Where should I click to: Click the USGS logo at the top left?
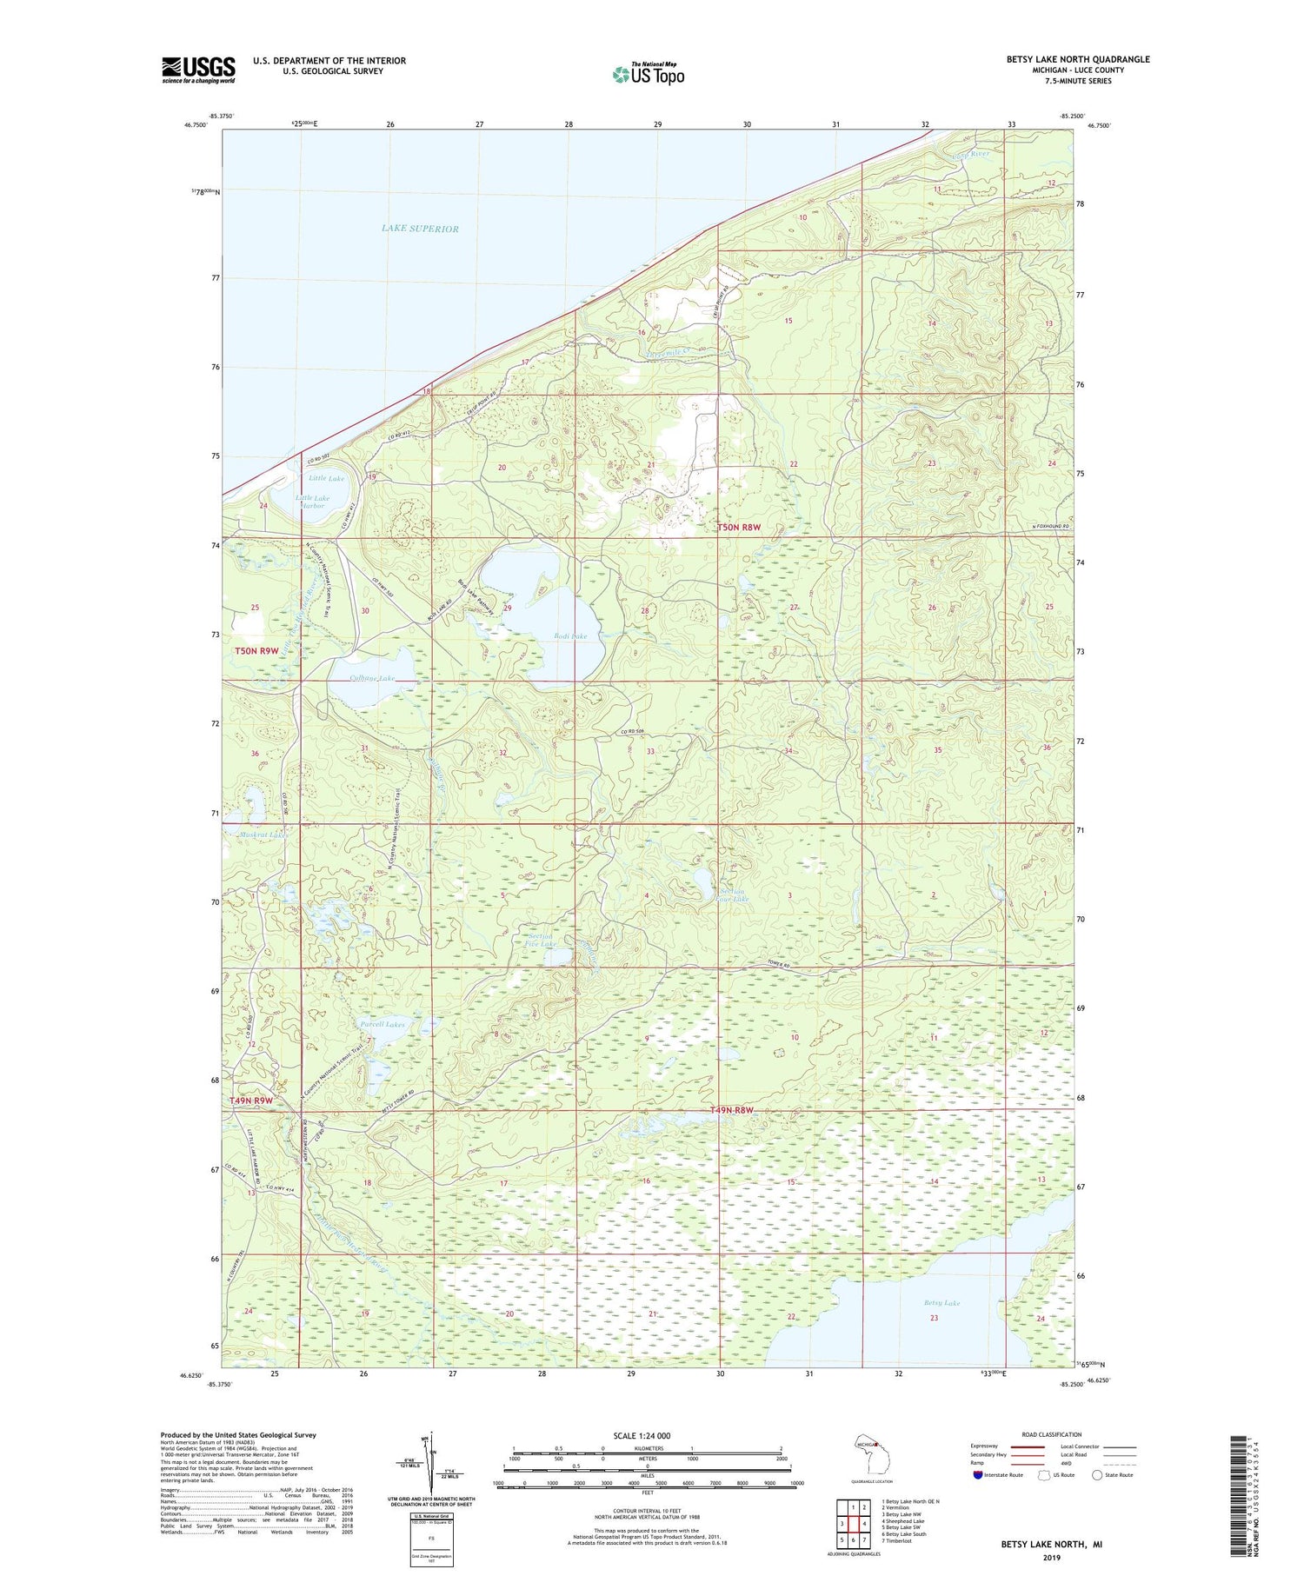point(198,70)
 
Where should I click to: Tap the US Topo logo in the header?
point(648,75)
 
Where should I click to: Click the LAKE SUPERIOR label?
point(420,229)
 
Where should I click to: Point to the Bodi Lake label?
point(570,636)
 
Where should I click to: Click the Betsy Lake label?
point(941,1303)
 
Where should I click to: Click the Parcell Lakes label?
point(383,1024)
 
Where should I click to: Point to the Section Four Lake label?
point(735,894)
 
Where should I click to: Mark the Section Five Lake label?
point(542,940)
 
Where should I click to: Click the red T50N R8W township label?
point(738,528)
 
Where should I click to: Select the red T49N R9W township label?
point(251,1101)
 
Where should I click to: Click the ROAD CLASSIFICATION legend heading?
point(1051,1434)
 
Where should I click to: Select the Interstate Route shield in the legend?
point(978,1474)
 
